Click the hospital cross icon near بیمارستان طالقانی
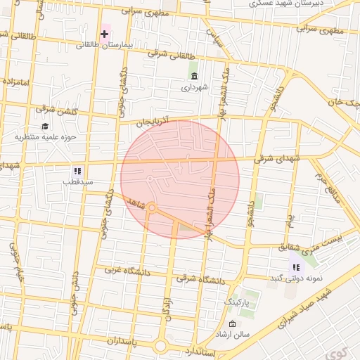105,33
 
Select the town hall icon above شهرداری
193,76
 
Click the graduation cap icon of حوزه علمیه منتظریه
46,127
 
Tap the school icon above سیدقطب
77,170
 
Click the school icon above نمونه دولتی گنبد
295,266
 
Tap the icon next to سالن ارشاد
233,323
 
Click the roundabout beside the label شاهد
152,208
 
